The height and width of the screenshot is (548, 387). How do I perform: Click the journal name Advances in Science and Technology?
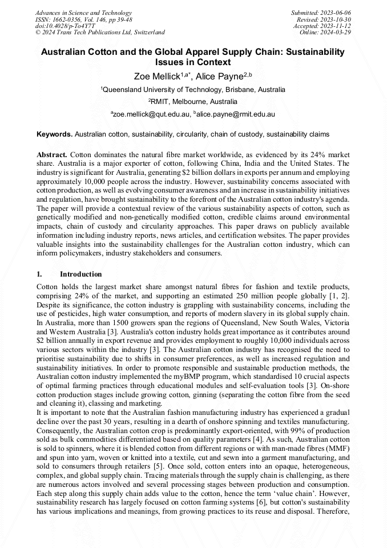coord(83,13)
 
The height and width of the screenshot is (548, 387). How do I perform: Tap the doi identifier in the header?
coord(65,26)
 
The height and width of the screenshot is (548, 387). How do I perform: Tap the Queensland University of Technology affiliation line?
coord(193,90)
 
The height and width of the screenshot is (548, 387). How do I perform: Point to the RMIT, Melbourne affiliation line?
coord(193,102)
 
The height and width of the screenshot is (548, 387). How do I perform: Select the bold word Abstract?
coord(52,155)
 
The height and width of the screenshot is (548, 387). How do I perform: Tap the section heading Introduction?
coord(81,274)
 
